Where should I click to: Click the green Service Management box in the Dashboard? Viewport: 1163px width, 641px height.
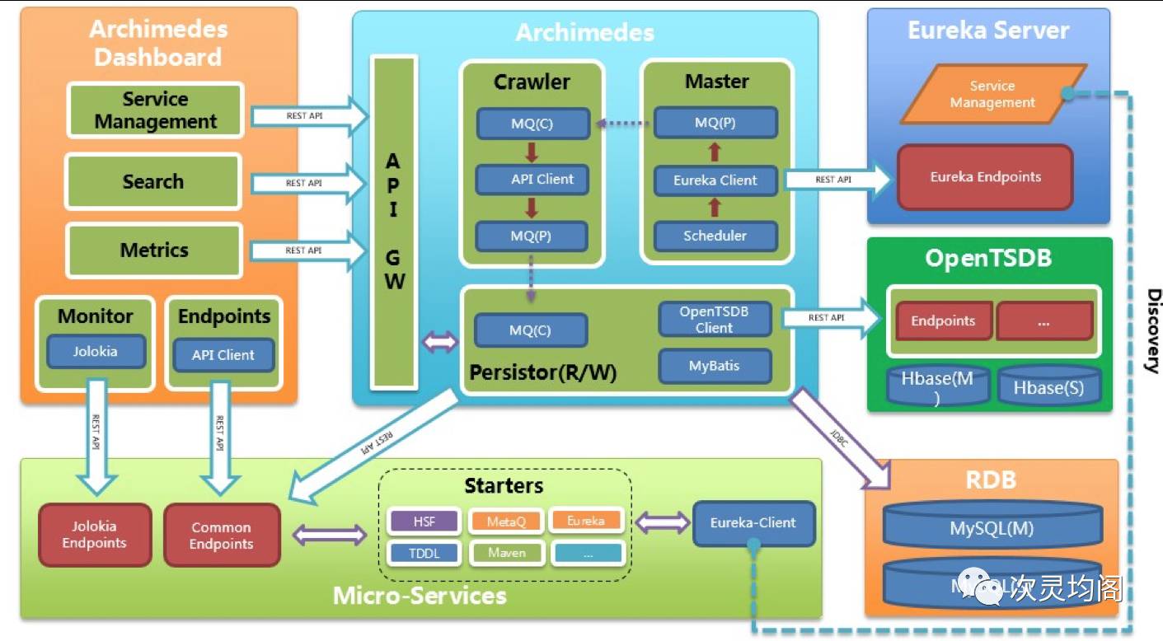(155, 110)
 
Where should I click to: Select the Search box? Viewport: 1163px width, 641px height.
(153, 181)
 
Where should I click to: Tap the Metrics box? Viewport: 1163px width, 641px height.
(154, 250)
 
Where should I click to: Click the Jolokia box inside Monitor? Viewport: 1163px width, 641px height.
(96, 351)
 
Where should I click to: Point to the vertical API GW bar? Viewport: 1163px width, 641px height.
(394, 222)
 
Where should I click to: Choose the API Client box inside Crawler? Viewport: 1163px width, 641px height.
(532, 179)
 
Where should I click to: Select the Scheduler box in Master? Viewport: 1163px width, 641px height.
(715, 236)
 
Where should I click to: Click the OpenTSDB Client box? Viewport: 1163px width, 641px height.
(714, 319)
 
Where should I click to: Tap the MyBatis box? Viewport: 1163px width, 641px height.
(715, 365)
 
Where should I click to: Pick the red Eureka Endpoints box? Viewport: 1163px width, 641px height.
(985, 177)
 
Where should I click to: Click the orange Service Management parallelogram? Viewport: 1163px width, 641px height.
(992, 95)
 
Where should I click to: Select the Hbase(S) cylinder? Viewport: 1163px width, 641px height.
(1048, 387)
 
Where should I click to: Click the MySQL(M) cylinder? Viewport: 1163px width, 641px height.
(992, 528)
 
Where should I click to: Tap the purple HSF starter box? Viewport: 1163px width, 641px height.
(424, 522)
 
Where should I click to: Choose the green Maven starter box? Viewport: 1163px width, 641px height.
(506, 553)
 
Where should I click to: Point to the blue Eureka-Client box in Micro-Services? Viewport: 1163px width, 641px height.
(753, 522)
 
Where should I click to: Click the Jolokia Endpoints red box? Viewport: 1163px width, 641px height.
(95, 535)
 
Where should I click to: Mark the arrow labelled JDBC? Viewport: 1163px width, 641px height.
(841, 437)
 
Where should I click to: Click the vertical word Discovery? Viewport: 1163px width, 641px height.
(1153, 330)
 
